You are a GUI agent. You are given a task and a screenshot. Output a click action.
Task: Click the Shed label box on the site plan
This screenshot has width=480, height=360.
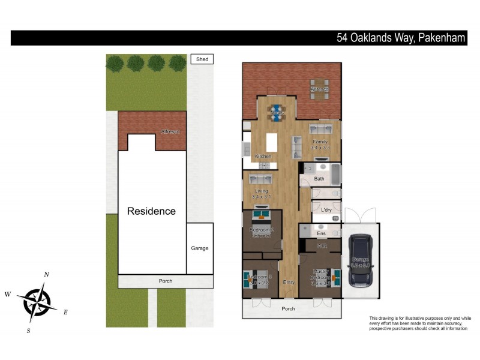202,59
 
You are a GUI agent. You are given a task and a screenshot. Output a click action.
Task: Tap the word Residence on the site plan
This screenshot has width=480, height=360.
151,211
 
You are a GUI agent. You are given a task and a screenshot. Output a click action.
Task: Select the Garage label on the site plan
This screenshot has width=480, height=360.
200,248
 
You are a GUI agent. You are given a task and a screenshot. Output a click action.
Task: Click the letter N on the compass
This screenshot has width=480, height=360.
47,274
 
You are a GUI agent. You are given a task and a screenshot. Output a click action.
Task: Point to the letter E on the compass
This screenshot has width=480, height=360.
65,312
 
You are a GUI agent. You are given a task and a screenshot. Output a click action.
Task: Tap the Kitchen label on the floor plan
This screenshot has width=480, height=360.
263,157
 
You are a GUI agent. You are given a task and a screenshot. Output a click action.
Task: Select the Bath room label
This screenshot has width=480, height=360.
319,179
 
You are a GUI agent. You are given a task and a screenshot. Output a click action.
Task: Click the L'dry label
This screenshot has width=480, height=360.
326,210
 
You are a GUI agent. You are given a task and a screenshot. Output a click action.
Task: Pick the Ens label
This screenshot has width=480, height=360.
321,233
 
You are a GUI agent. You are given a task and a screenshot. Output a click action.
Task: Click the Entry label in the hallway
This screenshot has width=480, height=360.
289,282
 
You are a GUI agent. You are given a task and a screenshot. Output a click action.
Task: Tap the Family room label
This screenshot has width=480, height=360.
320,142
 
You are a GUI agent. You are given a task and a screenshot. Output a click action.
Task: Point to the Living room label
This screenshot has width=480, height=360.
260,192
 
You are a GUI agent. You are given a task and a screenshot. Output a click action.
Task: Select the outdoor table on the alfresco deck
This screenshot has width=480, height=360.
320,89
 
